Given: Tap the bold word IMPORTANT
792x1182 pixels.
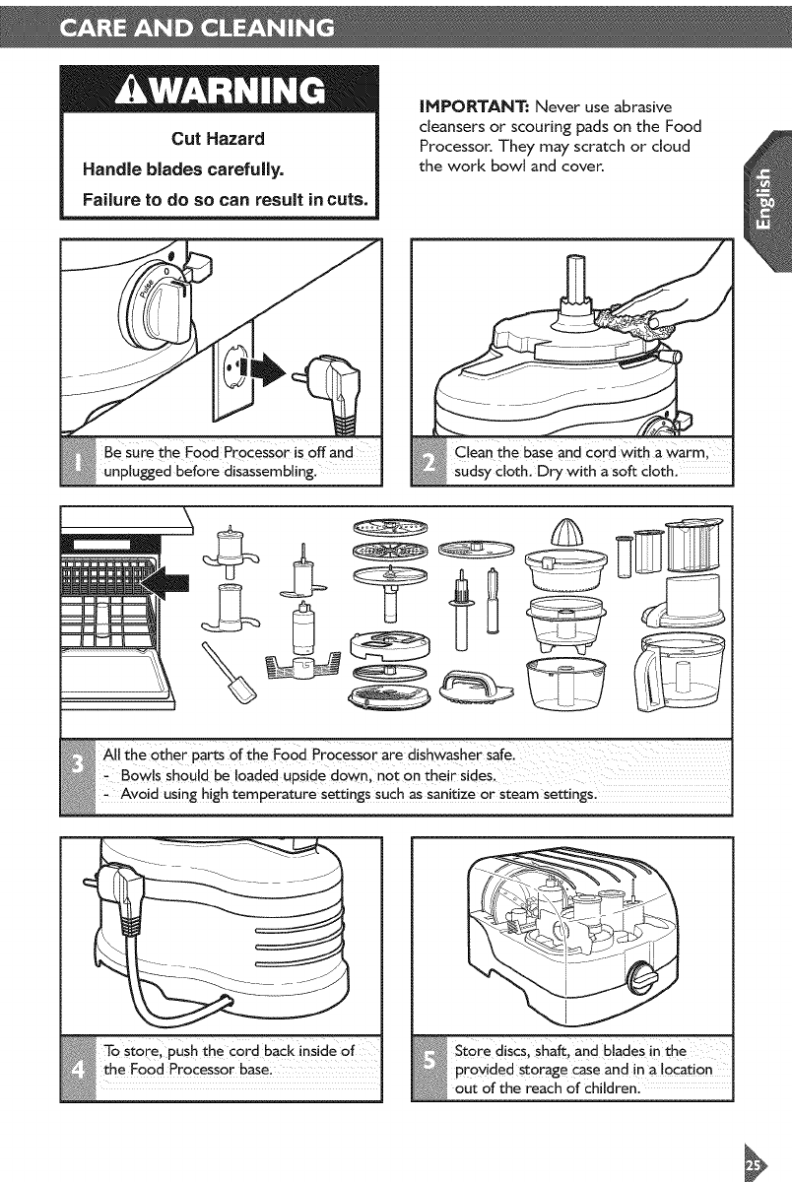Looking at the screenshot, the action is click(x=475, y=107).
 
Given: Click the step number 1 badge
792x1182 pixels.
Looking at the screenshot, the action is click(x=78, y=462).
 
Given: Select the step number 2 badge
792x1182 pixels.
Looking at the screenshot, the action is click(x=429, y=462).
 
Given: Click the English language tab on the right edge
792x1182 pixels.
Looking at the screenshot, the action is click(x=766, y=201).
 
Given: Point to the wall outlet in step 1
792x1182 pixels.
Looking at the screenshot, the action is click(x=232, y=368).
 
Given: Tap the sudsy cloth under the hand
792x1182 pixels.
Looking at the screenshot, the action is click(x=634, y=317).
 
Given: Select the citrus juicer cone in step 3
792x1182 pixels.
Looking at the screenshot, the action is click(x=566, y=531).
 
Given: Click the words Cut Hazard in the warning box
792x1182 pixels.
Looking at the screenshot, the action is click(x=218, y=139).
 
